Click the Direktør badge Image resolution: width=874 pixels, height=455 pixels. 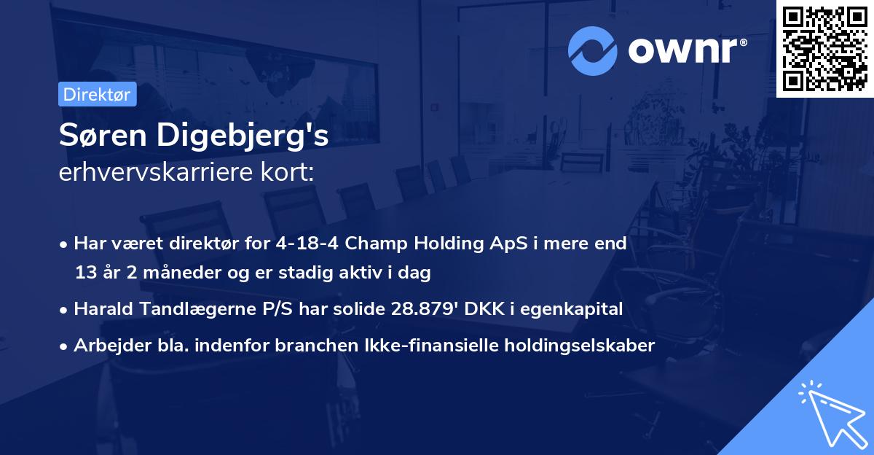pos(97,94)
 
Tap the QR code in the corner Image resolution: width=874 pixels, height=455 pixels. pos(824,48)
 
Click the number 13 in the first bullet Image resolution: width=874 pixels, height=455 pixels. pos(84,273)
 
